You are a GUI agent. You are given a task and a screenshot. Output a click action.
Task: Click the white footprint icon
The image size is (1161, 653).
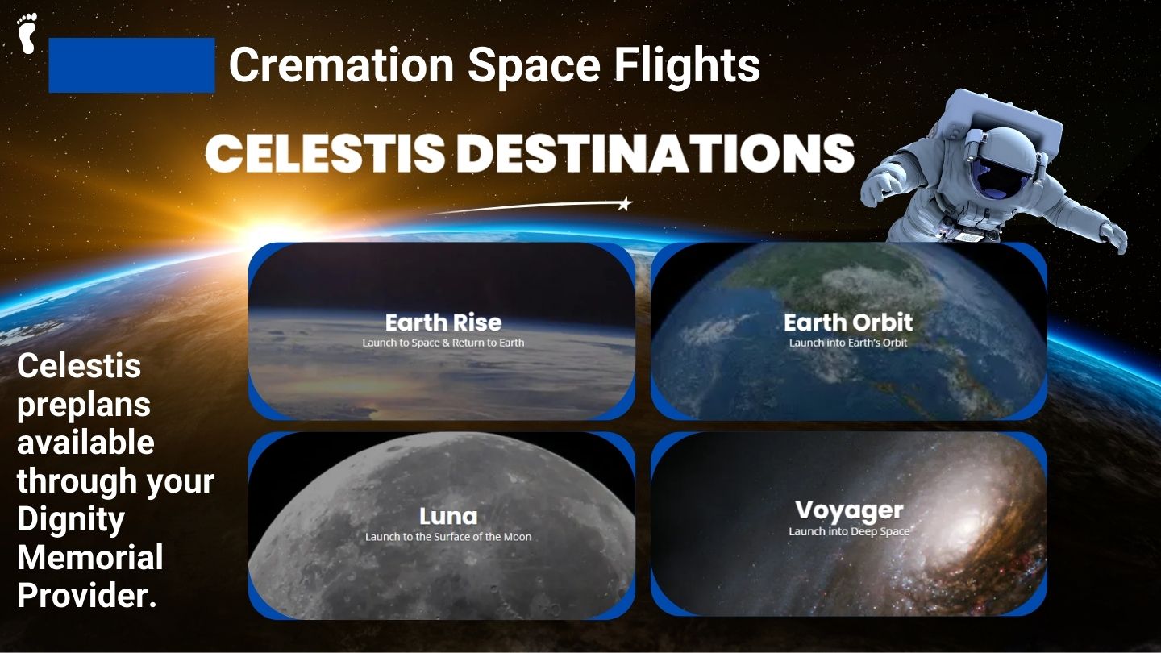[27, 33]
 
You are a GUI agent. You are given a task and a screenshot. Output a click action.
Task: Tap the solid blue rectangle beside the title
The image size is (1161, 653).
[131, 65]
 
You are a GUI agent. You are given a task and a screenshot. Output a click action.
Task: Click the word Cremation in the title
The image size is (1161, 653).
[342, 64]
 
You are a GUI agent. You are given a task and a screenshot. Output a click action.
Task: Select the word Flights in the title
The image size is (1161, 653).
[687, 64]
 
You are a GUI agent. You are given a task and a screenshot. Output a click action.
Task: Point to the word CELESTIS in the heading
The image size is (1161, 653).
[325, 153]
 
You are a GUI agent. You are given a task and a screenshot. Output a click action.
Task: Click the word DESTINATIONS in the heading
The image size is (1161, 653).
[655, 153]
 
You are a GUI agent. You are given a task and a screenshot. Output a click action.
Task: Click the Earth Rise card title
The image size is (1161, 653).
[443, 322]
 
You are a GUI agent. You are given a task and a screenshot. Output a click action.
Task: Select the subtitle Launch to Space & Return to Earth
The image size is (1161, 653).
[443, 343]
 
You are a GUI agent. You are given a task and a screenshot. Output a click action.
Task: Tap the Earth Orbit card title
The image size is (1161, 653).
[848, 322]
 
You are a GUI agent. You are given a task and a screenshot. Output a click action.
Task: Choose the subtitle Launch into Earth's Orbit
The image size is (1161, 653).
[848, 343]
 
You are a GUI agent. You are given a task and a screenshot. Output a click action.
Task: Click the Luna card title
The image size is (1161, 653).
[448, 516]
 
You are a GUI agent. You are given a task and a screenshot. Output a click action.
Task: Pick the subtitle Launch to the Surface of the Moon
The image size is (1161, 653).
[448, 537]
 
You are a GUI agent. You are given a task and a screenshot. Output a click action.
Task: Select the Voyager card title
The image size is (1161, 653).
[849, 510]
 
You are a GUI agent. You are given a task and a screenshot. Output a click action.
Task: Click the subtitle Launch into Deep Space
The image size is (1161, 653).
[849, 531]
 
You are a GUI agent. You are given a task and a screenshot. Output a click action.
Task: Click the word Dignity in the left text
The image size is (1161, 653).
[71, 520]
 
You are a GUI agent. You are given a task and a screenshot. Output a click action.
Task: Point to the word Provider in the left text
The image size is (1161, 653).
[83, 596]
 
